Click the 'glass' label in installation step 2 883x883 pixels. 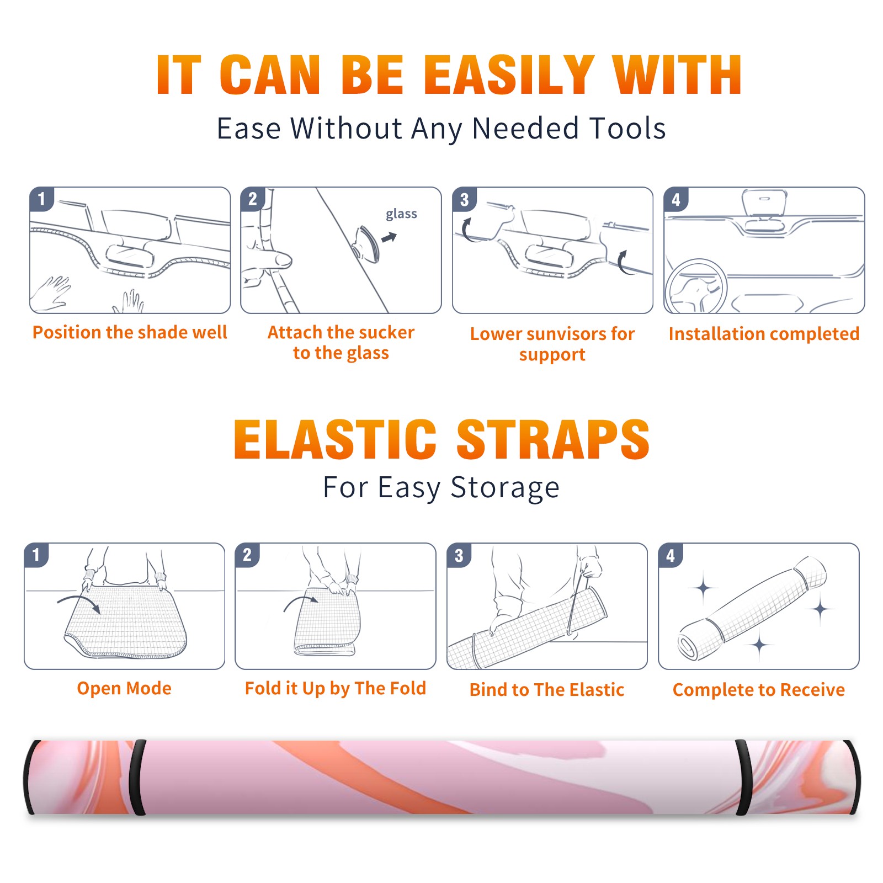(x=401, y=214)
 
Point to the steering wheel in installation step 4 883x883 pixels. (x=696, y=287)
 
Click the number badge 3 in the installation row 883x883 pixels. (x=464, y=199)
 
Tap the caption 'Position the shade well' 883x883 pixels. (x=130, y=332)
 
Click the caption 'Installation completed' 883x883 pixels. (x=764, y=333)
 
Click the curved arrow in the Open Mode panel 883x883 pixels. (x=79, y=602)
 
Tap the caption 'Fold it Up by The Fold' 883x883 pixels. (x=335, y=689)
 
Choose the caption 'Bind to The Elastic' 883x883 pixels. (x=546, y=690)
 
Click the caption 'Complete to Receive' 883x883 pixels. (x=758, y=690)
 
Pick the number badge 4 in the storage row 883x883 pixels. (x=671, y=555)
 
